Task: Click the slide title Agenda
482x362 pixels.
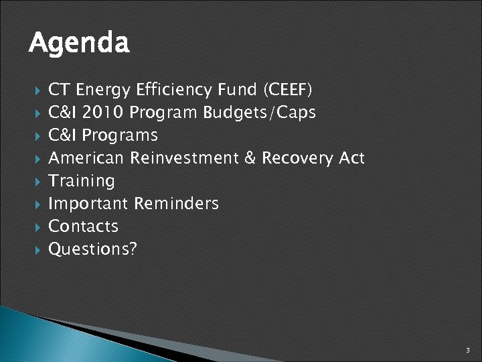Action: click(79, 44)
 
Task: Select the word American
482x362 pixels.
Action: click(86, 158)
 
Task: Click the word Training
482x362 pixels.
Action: click(82, 181)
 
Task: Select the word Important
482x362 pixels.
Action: click(88, 204)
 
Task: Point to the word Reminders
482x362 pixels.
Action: click(176, 204)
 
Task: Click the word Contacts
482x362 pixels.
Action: click(84, 227)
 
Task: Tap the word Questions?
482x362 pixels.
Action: click(93, 249)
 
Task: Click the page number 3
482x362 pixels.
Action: click(468, 351)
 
